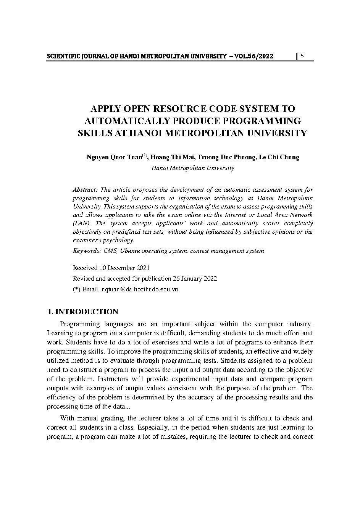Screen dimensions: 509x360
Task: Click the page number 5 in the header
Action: coord(302,56)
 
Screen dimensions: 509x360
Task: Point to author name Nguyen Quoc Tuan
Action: coord(114,157)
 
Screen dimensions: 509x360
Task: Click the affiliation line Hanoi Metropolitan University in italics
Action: coord(192,168)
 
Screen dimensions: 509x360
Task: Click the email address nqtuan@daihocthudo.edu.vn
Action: coord(139,289)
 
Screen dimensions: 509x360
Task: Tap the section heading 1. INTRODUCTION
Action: coord(82,312)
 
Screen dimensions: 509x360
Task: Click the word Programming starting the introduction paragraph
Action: coord(78,324)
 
